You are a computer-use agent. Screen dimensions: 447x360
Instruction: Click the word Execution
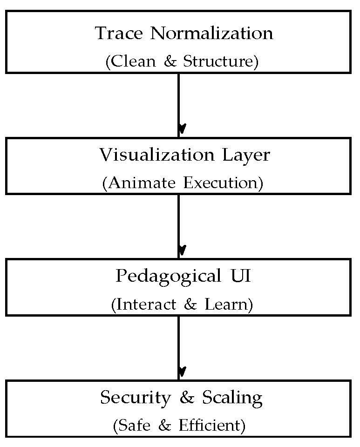coord(223,183)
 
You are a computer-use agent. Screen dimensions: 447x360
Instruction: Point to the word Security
coord(136,398)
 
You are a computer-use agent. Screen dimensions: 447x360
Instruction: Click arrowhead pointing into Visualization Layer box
coord(182,129)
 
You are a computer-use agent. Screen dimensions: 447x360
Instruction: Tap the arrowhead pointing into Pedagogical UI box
coord(182,250)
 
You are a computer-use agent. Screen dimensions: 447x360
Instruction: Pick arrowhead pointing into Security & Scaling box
coord(182,372)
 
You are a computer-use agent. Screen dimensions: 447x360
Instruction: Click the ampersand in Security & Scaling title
coord(186,398)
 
